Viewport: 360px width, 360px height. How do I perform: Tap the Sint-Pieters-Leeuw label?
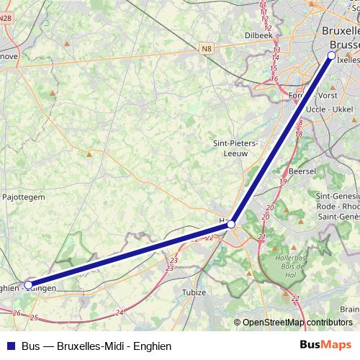[231, 148]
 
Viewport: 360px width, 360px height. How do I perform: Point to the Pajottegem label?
[25, 196]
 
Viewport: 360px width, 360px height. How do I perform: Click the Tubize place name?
[194, 292]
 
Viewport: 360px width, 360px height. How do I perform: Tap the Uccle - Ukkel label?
[329, 109]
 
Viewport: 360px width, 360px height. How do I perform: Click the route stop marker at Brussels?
[331, 55]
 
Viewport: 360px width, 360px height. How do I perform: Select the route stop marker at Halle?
[231, 225]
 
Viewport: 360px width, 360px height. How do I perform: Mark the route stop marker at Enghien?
[28, 285]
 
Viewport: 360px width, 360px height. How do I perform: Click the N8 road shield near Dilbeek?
[207, 48]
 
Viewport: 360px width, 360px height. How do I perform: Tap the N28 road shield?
[6, 26]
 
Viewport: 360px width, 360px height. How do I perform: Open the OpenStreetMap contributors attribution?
[297, 323]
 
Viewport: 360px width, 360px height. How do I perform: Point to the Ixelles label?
[348, 60]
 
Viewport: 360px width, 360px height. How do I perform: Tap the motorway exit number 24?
[119, 312]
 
